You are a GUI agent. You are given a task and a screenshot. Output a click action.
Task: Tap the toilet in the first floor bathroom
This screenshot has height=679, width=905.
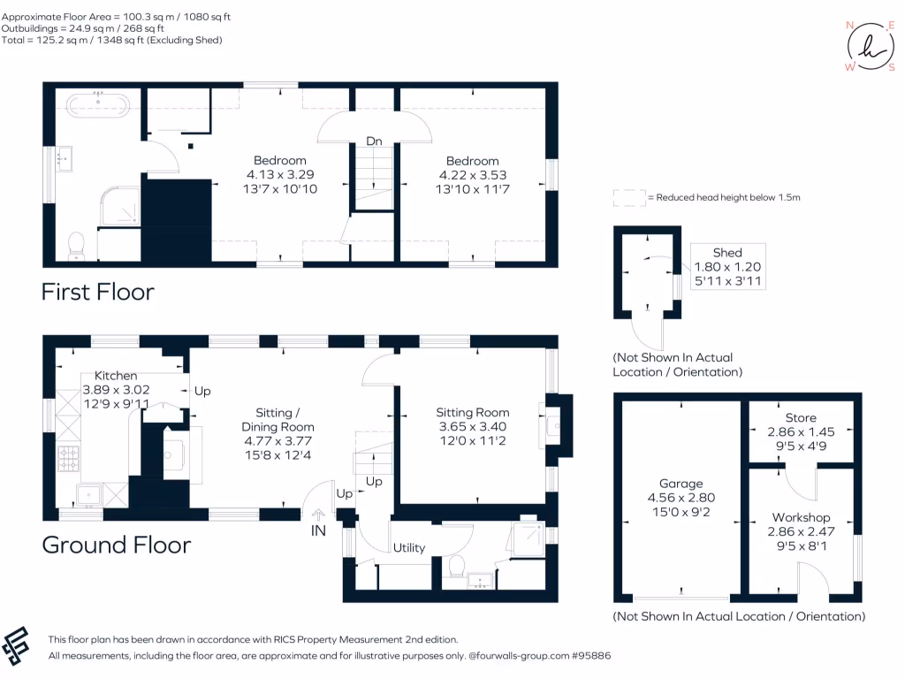[76, 244]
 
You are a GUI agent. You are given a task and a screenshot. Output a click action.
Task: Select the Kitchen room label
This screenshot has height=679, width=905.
[116, 376]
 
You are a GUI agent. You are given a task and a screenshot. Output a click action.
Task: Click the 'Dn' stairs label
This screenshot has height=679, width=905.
[374, 141]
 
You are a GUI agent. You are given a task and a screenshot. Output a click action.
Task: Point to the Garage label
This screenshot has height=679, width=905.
[681, 484]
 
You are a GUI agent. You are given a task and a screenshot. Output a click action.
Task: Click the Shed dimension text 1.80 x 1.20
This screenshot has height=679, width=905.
[728, 267]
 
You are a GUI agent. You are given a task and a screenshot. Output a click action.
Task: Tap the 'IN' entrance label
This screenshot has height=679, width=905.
[318, 531]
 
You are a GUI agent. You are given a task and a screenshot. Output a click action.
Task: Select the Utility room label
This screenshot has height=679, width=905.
[409, 547]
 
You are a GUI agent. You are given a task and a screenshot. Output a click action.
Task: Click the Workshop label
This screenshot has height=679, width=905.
[801, 517]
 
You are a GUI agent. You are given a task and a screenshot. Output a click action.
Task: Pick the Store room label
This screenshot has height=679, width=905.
[801, 417]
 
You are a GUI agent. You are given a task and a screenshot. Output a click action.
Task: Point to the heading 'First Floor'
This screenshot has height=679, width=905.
[98, 292]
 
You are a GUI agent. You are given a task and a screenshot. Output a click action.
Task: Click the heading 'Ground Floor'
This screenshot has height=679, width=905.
[117, 545]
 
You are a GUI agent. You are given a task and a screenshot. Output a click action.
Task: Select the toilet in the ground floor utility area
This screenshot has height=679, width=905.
[457, 564]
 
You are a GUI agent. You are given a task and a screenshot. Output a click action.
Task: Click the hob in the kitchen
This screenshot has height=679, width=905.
[68, 458]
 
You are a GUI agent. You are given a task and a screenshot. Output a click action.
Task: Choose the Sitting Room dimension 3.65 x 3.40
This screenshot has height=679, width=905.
[473, 425]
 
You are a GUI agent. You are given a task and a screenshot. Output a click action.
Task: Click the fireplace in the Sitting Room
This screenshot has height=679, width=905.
[557, 426]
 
